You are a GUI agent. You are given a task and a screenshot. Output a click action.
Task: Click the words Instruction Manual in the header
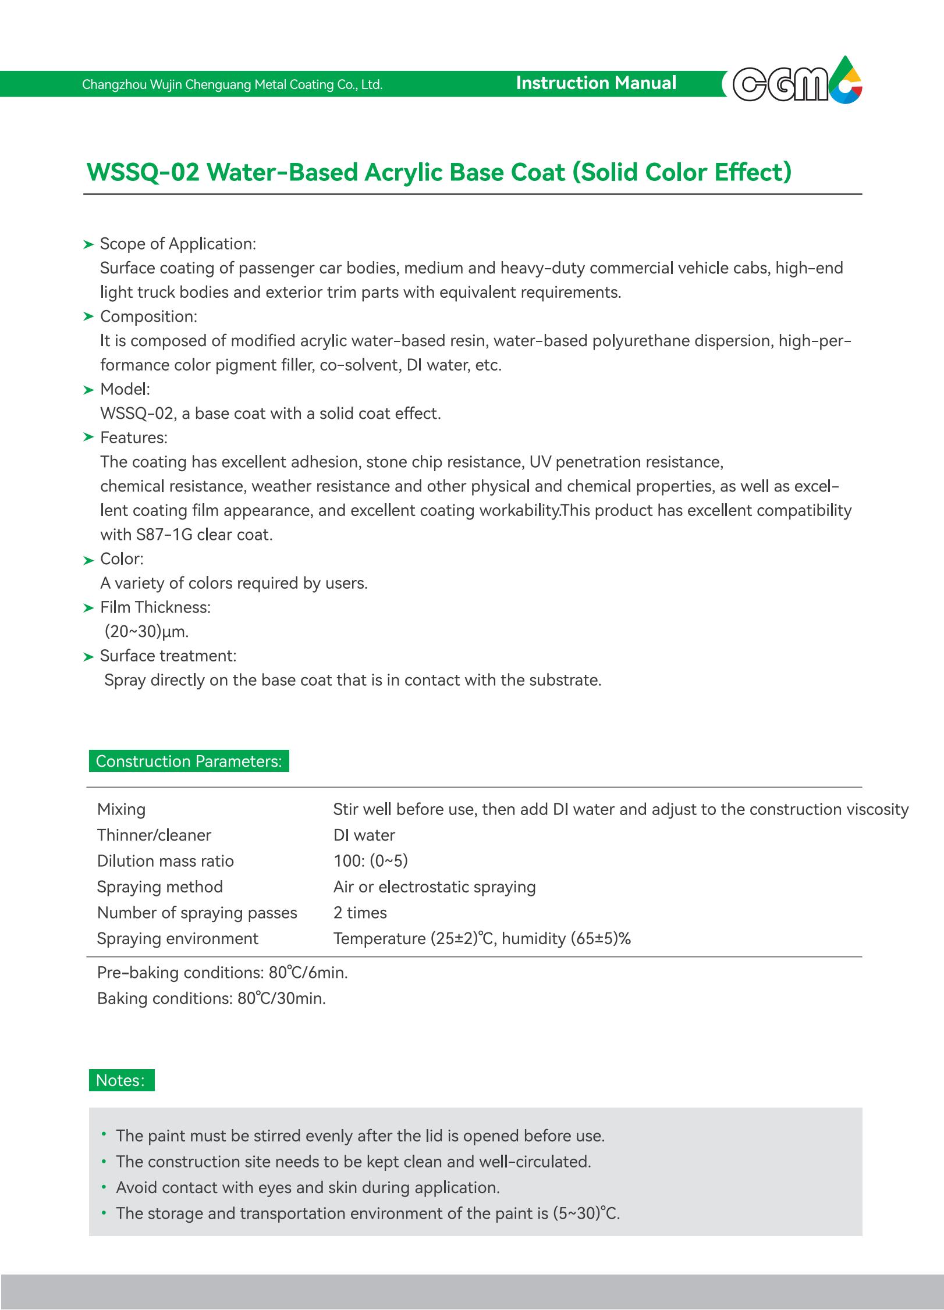[x=596, y=83]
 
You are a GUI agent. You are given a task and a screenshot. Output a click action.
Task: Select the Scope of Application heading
[x=178, y=244]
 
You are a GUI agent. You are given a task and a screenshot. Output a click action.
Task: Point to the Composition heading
[x=148, y=316]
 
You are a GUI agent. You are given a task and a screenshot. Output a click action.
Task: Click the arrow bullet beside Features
[x=88, y=437]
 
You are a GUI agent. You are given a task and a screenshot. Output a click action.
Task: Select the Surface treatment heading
[x=168, y=656]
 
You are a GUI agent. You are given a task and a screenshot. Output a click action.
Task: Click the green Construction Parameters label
[x=189, y=761]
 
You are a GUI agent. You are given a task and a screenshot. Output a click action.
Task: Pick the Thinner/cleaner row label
[x=154, y=835]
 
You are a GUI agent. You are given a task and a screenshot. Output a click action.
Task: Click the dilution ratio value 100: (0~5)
[x=370, y=861]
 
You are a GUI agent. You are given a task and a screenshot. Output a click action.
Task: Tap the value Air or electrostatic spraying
[x=434, y=887]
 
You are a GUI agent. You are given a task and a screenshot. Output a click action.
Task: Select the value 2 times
[x=360, y=913]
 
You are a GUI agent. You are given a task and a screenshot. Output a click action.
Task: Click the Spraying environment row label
[x=178, y=938]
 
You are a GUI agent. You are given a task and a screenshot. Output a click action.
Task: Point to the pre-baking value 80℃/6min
[x=308, y=973]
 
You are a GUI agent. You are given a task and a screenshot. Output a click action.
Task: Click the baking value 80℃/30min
[x=281, y=999]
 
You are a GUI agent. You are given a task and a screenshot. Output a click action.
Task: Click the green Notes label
[x=121, y=1080]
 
